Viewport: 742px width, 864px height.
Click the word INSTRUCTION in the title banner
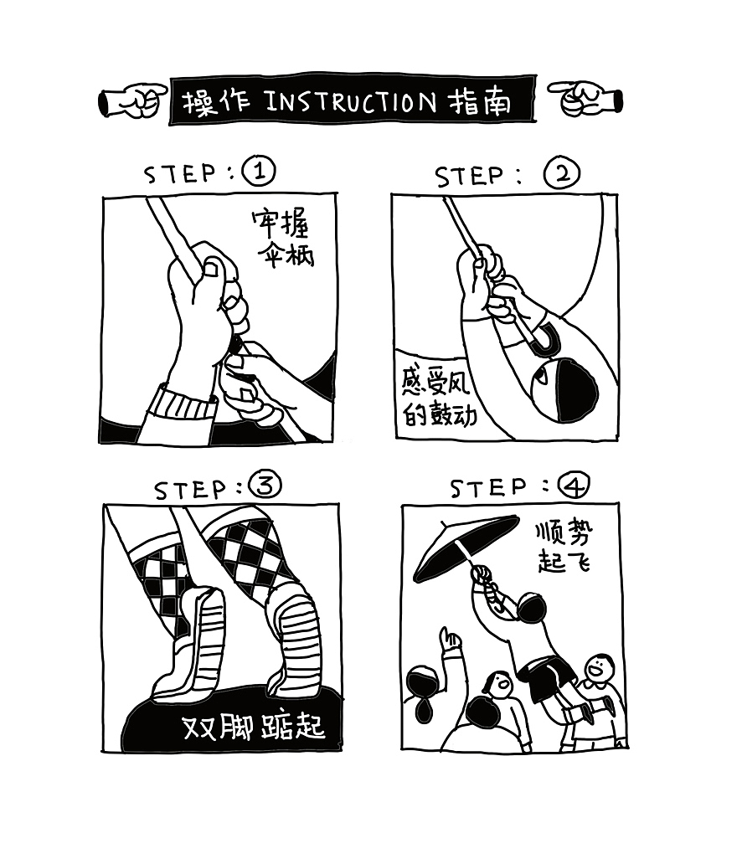click(x=350, y=102)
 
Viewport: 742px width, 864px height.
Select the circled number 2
click(x=561, y=174)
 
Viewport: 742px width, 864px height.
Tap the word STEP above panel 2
click(x=470, y=176)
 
